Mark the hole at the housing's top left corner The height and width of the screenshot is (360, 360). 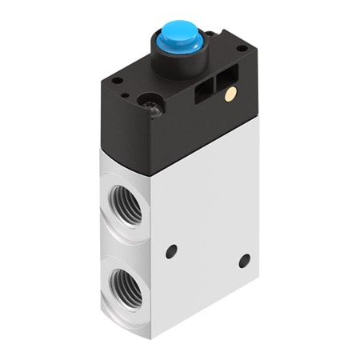tap(117, 81)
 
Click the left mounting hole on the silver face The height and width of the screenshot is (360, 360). tap(171, 251)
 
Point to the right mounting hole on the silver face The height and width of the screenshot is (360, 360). tap(245, 261)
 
